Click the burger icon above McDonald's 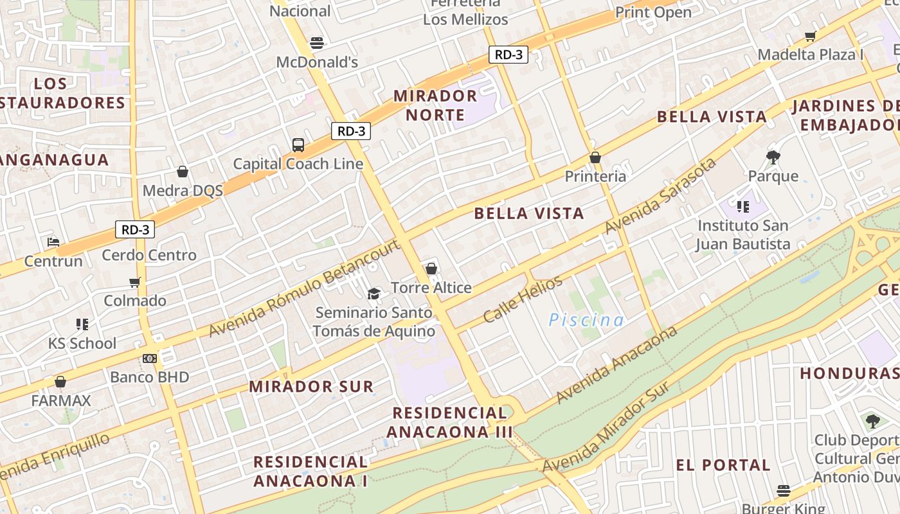pyautogui.click(x=316, y=43)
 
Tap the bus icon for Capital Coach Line pyautogui.click(x=298, y=145)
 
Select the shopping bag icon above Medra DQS pyautogui.click(x=183, y=172)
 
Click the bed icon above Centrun pyautogui.click(x=53, y=242)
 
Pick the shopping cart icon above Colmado pyautogui.click(x=135, y=282)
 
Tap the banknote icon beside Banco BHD pyautogui.click(x=150, y=358)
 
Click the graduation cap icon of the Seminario pyautogui.click(x=373, y=294)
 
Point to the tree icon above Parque pyautogui.click(x=773, y=157)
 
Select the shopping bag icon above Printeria pyautogui.click(x=595, y=157)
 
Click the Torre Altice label pyautogui.click(x=431, y=287)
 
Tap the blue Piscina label pyautogui.click(x=586, y=320)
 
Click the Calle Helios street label pyautogui.click(x=523, y=299)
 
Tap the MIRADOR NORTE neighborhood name pyautogui.click(x=435, y=105)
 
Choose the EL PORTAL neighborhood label pyautogui.click(x=723, y=465)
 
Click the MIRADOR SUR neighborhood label pyautogui.click(x=311, y=386)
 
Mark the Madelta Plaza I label pyautogui.click(x=811, y=55)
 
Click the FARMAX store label pyautogui.click(x=61, y=400)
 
